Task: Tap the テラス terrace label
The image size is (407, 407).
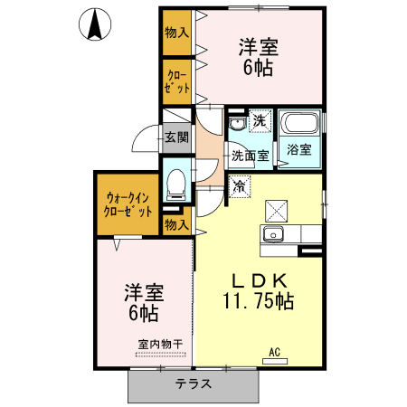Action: pos(194,383)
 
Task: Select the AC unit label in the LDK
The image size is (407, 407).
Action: pos(274,353)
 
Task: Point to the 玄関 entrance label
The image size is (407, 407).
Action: pos(176,137)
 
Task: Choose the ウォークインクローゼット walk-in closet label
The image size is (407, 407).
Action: pos(128,203)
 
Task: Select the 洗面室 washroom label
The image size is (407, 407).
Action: pos(249,156)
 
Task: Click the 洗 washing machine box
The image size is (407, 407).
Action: pos(260,121)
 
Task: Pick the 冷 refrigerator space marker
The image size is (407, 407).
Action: pos(240,187)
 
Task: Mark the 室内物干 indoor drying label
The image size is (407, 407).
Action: pos(161,344)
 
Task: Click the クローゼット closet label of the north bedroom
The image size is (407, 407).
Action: pos(175,82)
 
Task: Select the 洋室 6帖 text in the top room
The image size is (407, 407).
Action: pos(258,56)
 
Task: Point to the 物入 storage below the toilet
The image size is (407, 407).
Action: pos(176,223)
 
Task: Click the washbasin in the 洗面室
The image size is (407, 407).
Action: pos(237,125)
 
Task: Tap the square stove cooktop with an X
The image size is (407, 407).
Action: pos(276,211)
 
